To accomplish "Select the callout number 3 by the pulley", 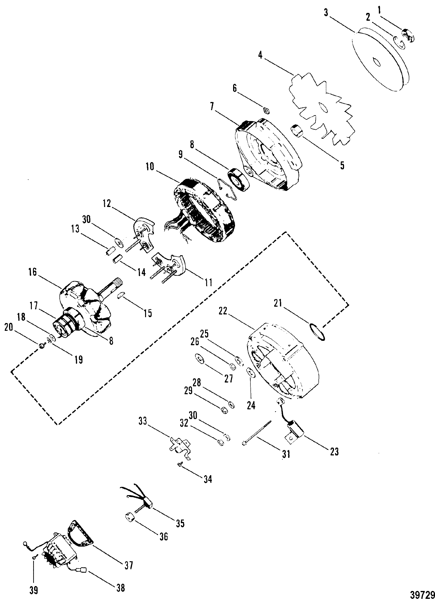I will pyautogui.click(x=326, y=12).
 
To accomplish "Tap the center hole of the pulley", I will pyautogui.click(x=376, y=63).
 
